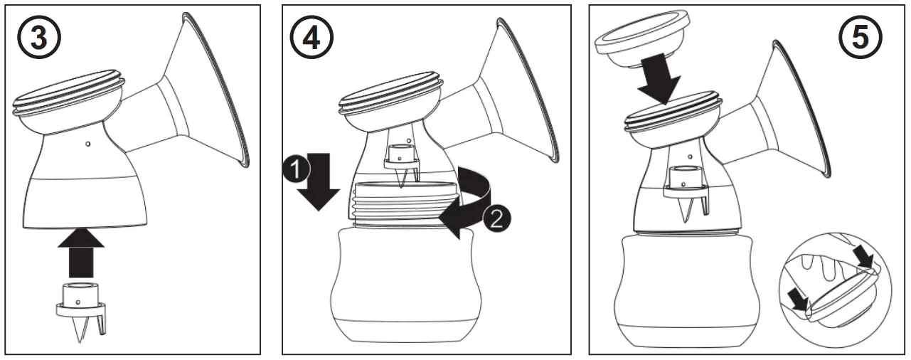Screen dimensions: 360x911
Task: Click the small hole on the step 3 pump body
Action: click(x=86, y=144)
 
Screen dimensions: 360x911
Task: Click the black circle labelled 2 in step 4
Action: click(x=495, y=218)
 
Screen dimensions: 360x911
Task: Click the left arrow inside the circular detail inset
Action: click(x=800, y=303)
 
